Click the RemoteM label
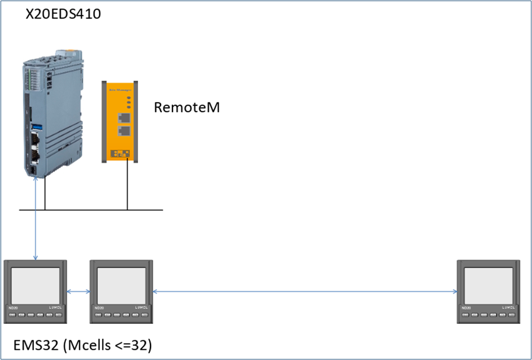pos(187,107)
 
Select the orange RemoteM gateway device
pos(120,121)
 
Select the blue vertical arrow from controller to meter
pos(36,220)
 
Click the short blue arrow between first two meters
pos(79,291)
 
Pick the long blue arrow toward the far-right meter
pos(304,291)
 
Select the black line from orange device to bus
pos(128,186)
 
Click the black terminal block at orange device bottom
pos(119,153)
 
